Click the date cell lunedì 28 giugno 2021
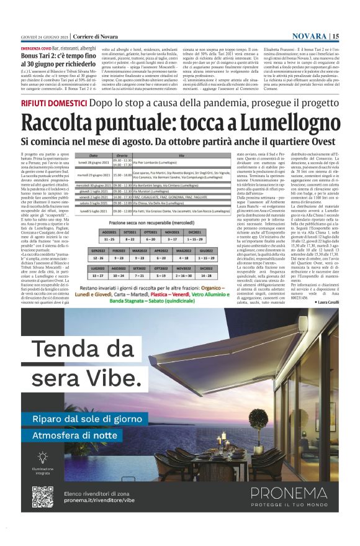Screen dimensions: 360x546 91,163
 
